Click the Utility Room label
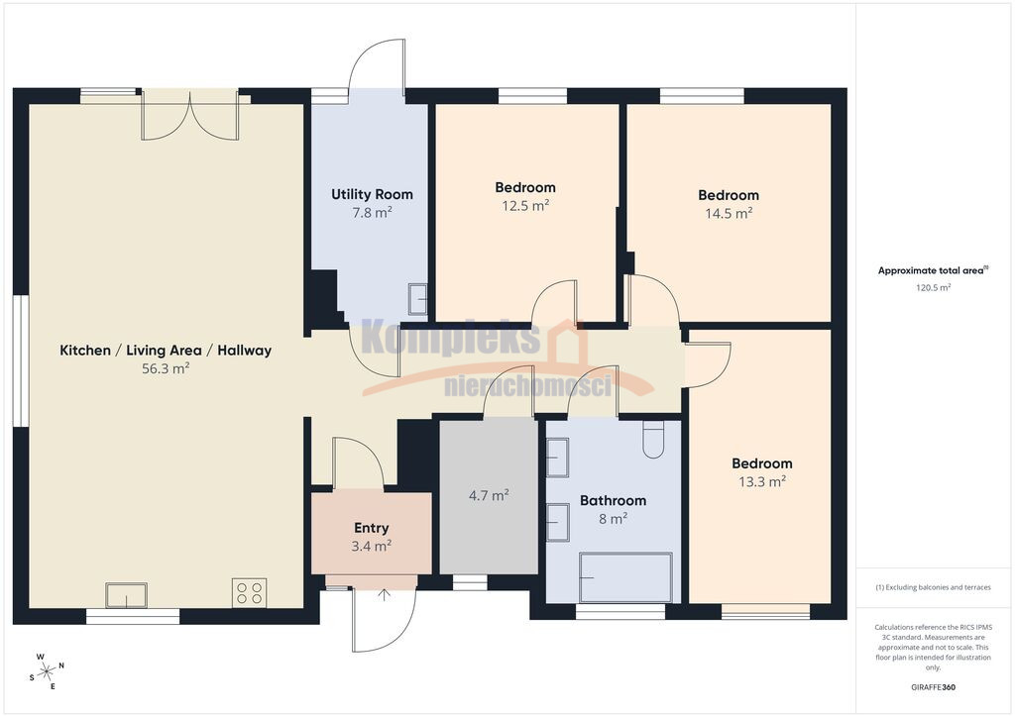point(373,194)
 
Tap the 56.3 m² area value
point(166,368)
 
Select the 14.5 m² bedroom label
point(729,195)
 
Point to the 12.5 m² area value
point(525,206)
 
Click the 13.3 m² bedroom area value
point(762,481)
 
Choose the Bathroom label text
point(613,500)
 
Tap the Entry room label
point(372,528)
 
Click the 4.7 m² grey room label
point(489,495)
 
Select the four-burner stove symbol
point(249,593)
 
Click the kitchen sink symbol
point(126,595)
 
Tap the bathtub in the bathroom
point(626,577)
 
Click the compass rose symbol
point(47,671)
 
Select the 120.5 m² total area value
point(933,288)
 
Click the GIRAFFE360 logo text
point(933,687)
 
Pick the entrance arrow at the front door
point(384,595)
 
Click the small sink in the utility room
point(417,299)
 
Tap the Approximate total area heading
point(933,270)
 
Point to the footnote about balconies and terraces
point(933,587)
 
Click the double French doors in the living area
point(190,117)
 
